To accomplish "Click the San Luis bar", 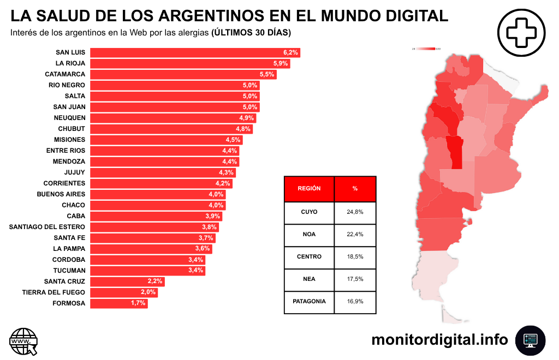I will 195,52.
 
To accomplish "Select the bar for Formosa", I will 118,303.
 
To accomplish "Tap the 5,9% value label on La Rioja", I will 281,63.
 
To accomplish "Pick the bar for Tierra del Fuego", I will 123,292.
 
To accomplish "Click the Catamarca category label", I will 65,74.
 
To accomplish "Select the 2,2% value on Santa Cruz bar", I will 155,281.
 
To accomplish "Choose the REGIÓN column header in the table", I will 309,189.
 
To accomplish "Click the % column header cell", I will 355,189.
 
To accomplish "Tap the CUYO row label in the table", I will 309,212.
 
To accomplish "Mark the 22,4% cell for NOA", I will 355,235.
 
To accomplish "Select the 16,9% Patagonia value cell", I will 355,301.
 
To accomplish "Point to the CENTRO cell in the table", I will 309,256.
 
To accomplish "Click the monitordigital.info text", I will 439,340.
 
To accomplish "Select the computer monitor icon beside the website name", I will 530,340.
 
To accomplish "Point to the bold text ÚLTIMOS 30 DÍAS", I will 251,33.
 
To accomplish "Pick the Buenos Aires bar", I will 158,194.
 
